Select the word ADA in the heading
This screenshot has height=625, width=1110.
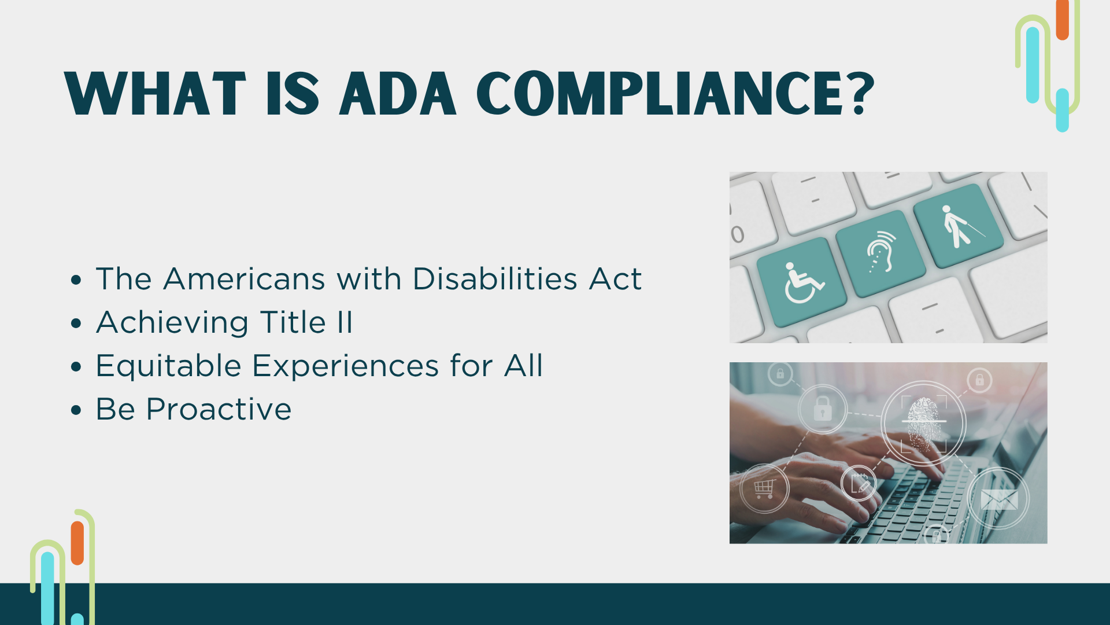(x=398, y=94)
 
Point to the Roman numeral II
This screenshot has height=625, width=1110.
(x=345, y=322)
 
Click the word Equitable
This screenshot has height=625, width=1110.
(x=168, y=366)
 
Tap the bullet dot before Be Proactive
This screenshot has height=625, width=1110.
(x=76, y=410)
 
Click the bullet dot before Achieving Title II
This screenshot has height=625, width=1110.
(x=76, y=323)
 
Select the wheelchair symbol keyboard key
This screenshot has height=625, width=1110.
(x=802, y=282)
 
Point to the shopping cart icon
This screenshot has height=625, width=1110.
(x=764, y=489)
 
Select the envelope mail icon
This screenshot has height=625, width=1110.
(x=999, y=499)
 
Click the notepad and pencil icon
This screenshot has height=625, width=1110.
(x=859, y=483)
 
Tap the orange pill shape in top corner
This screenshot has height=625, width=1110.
(x=1062, y=20)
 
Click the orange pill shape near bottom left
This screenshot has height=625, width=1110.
(x=77, y=543)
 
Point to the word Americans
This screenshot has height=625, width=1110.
(x=245, y=279)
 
